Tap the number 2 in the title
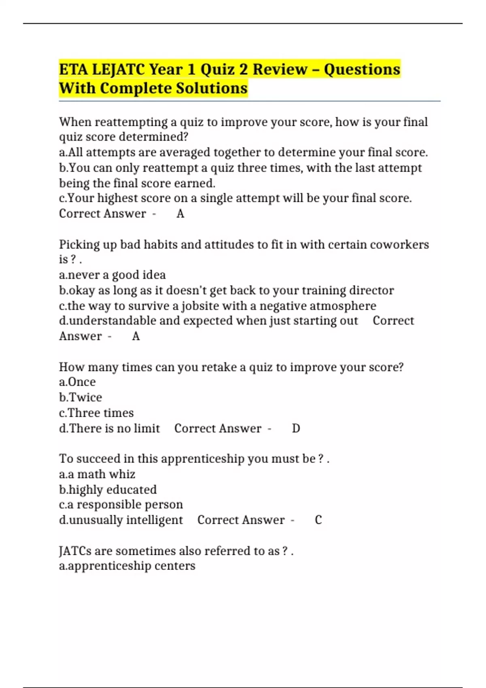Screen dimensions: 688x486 (x=243, y=70)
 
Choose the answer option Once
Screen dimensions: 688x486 (x=82, y=382)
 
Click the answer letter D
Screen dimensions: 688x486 (x=296, y=429)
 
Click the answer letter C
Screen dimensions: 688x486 (x=318, y=520)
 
